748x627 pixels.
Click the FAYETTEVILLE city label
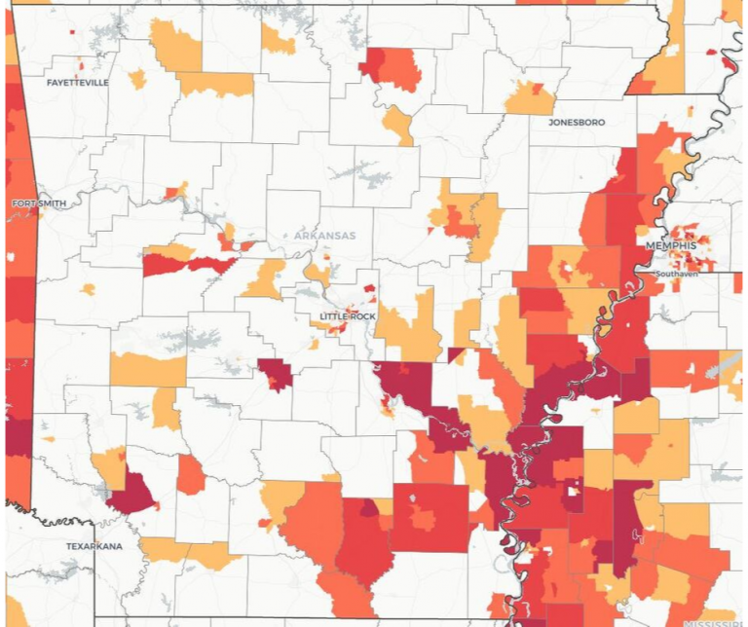coord(78,83)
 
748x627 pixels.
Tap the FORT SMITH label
coord(39,203)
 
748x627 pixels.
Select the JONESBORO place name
coord(577,123)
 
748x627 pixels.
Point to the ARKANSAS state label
coord(325,236)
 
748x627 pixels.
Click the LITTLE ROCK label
coord(349,317)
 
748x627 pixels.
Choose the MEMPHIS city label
coord(672,245)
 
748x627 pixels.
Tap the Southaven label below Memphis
coord(673,275)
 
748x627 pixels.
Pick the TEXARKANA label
coord(94,546)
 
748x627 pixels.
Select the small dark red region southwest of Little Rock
coord(275,373)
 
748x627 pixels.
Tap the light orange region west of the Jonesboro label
coord(530,98)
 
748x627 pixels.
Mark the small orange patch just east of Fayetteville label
coord(137,79)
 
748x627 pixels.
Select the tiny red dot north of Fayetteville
coord(72,32)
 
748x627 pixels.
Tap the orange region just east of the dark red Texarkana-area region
coord(190,474)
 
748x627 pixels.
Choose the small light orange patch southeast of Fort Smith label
coord(89,289)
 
